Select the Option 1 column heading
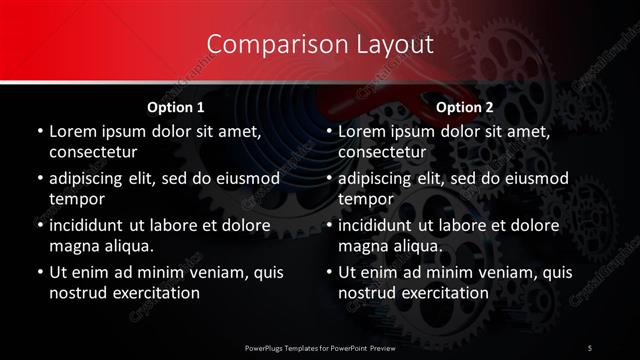pos(176,107)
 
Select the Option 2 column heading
pos(465,107)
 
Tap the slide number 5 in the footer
pos(591,347)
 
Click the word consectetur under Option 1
pos(93,152)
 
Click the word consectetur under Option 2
pos(383,152)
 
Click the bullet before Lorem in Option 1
pos(38,131)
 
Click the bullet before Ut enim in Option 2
pos(328,271)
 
